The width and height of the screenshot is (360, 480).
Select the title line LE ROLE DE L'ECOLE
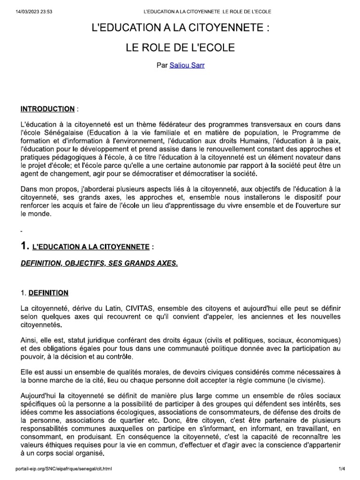click(x=180, y=48)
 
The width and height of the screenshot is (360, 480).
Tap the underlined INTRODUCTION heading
click(x=47, y=109)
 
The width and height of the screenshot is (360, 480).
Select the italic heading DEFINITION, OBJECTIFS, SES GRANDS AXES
click(x=99, y=264)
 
